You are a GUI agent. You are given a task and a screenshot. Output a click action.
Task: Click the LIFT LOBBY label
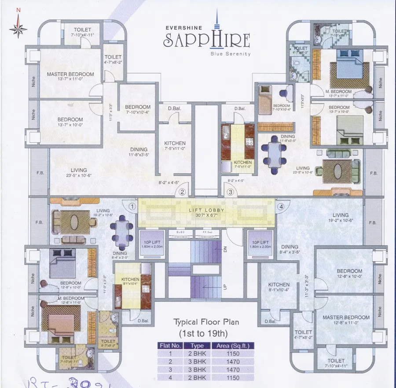207,210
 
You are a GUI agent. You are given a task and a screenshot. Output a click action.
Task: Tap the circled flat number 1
132,206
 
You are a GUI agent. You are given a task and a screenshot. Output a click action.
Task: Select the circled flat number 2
181,192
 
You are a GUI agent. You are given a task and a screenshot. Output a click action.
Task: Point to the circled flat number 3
230,192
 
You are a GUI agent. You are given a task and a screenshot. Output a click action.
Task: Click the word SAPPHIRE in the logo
207,40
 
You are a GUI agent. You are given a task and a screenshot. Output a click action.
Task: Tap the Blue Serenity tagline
231,54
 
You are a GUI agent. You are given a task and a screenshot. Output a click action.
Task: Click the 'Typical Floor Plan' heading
205,322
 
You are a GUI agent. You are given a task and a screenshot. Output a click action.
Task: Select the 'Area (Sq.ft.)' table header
232,346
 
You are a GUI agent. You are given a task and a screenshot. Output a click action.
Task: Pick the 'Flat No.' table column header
169,346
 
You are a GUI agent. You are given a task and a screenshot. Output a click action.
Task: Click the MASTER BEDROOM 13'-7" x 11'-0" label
70,77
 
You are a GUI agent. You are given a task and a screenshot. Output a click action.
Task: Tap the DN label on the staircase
224,250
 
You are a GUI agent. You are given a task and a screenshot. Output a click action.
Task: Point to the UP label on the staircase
224,287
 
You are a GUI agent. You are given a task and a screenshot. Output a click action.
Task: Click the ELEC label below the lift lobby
180,231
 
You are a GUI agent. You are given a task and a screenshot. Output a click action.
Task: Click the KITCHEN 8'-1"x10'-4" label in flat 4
279,287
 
